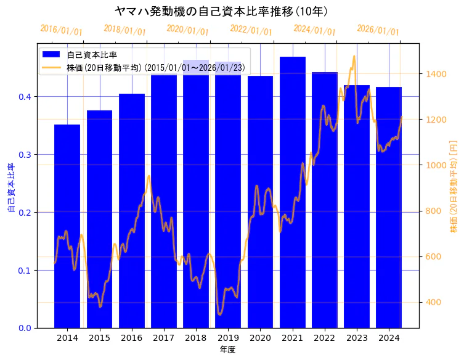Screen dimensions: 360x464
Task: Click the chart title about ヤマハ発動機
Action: [x=221, y=11]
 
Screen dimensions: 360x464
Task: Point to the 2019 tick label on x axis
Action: [x=228, y=338]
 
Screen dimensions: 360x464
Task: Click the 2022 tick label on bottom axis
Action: [x=324, y=338]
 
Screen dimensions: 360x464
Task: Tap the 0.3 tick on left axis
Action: [x=24, y=155]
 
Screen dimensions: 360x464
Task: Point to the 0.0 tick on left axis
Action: [x=24, y=328]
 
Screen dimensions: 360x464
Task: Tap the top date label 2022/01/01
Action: [x=251, y=30]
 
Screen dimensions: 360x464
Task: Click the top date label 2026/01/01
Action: [x=378, y=30]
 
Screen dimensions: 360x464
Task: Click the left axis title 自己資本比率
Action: [x=10, y=188]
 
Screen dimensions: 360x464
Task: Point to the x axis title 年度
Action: [x=227, y=350]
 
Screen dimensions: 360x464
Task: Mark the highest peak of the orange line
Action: [x=354, y=57]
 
